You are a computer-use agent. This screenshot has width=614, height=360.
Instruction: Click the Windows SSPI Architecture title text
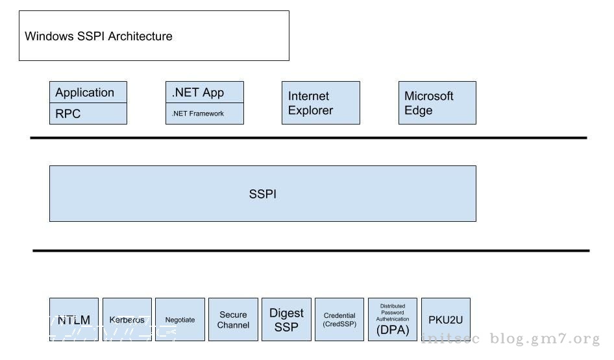click(99, 36)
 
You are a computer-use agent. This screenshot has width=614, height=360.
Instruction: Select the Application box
click(88, 92)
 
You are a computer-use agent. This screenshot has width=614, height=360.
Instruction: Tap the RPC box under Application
click(88, 114)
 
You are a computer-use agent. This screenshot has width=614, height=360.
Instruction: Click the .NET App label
click(198, 92)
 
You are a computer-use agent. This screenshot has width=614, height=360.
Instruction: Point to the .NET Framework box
click(204, 114)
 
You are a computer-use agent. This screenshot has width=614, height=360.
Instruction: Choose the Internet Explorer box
click(321, 103)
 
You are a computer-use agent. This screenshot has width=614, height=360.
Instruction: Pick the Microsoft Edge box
click(437, 103)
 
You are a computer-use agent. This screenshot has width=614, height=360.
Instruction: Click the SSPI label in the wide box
click(262, 194)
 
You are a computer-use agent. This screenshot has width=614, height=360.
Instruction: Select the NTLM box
click(74, 320)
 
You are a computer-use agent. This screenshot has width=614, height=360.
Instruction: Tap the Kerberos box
click(127, 320)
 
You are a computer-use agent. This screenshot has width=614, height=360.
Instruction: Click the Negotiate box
click(180, 320)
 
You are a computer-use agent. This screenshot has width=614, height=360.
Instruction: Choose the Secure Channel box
click(233, 320)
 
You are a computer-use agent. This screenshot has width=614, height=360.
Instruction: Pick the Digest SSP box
click(286, 320)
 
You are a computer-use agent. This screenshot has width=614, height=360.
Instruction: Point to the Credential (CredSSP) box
click(339, 320)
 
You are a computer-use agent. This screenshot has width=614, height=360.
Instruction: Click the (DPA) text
click(393, 330)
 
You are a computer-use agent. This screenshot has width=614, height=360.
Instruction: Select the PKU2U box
click(446, 320)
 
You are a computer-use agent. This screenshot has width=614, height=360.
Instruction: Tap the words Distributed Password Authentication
click(393, 313)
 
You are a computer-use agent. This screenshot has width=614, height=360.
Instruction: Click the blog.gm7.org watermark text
click(545, 339)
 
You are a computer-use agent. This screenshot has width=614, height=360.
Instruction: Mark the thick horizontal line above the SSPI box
click(308, 138)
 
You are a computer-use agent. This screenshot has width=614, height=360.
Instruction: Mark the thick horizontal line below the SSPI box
click(311, 250)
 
